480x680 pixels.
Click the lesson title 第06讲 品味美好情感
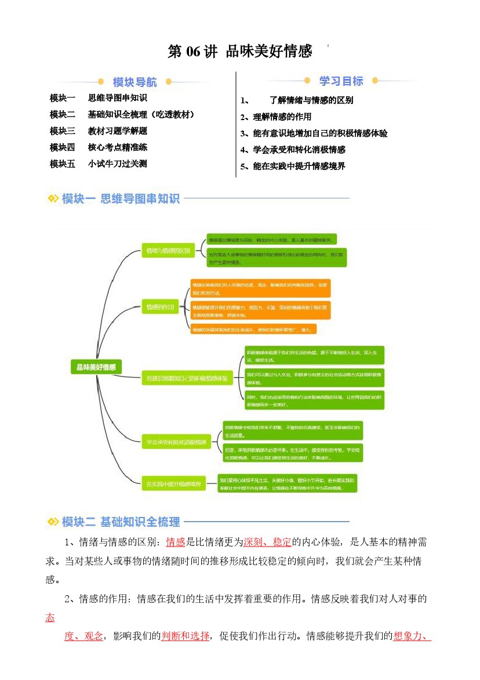tap(239, 52)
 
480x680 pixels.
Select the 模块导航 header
tap(134, 82)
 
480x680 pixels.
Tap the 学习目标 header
tap(341, 81)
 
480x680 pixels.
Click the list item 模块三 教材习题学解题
tap(99, 131)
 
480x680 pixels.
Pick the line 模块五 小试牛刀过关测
tap(99, 164)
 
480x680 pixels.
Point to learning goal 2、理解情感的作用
tap(276, 117)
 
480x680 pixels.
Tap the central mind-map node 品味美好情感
tap(96, 367)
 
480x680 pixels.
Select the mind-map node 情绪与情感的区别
tap(168, 251)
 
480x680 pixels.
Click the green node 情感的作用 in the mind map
tap(160, 307)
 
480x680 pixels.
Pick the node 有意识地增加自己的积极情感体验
tap(187, 378)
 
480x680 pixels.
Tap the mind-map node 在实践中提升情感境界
tap(173, 483)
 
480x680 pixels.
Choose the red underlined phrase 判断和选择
tap(186, 636)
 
